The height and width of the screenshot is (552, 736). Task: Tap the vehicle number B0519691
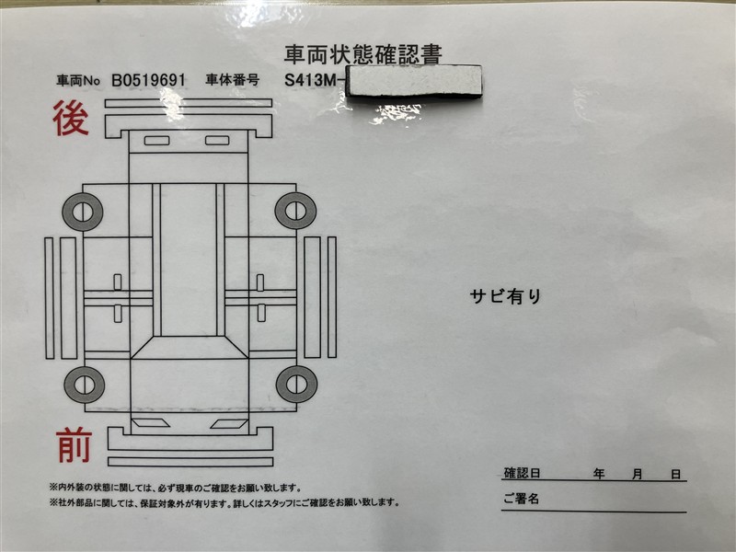click(x=148, y=80)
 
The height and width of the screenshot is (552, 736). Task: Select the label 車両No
click(x=77, y=81)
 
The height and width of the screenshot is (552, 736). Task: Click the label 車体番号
click(x=233, y=80)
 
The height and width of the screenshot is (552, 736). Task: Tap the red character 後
click(x=71, y=121)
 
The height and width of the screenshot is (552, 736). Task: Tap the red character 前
click(x=74, y=446)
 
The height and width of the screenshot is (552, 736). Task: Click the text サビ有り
click(x=506, y=296)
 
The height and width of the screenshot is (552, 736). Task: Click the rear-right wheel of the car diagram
click(x=295, y=212)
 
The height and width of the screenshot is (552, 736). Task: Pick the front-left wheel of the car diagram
click(x=83, y=384)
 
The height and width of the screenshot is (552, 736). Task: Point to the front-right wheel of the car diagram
click(x=295, y=384)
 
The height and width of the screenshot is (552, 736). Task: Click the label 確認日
click(x=522, y=475)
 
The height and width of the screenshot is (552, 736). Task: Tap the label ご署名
click(x=521, y=500)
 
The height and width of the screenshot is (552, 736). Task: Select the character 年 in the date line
click(x=599, y=475)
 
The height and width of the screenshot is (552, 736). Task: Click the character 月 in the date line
click(x=637, y=475)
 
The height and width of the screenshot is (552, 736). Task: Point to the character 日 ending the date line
click(x=675, y=475)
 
